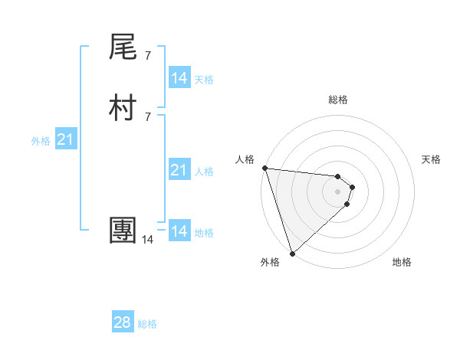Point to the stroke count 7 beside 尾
pyautogui.click(x=147, y=55)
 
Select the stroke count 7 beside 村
pyautogui.click(x=147, y=116)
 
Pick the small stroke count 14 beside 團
pyautogui.click(x=147, y=240)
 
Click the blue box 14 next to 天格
pyautogui.click(x=179, y=78)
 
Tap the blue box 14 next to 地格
pyautogui.click(x=179, y=231)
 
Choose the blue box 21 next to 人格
pyautogui.click(x=179, y=170)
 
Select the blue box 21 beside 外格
pyautogui.click(x=65, y=139)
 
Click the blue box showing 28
pyautogui.click(x=123, y=322)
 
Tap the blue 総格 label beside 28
pyautogui.click(x=147, y=324)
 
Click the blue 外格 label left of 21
pyautogui.click(x=41, y=141)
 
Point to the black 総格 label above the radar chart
pyautogui.click(x=338, y=100)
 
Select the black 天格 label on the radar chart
pyautogui.click(x=432, y=159)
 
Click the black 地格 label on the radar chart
pyautogui.click(x=402, y=263)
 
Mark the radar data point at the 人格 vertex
pyautogui.click(x=264, y=168)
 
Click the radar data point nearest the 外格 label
pyautogui.click(x=292, y=254)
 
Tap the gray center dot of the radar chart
pyautogui.click(x=338, y=191)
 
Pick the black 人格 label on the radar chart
pyautogui.click(x=245, y=159)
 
